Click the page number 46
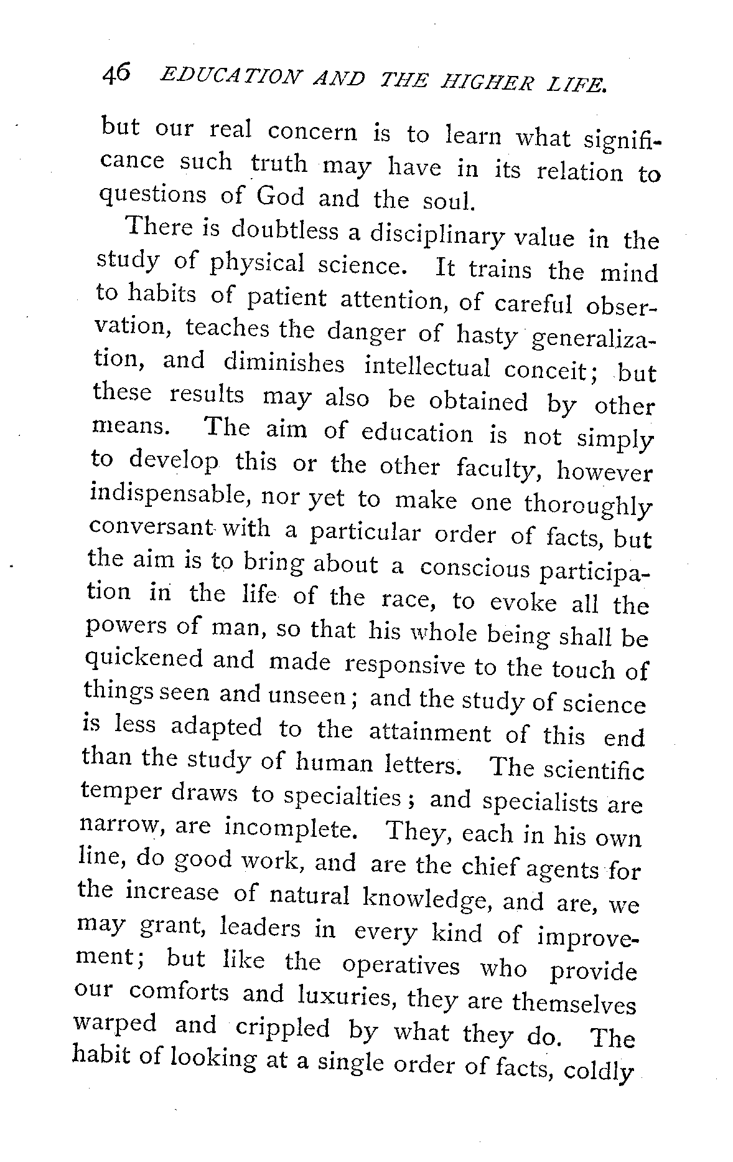tap(116, 75)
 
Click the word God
tap(281, 196)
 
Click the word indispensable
tap(171, 494)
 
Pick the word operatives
tap(401, 965)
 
